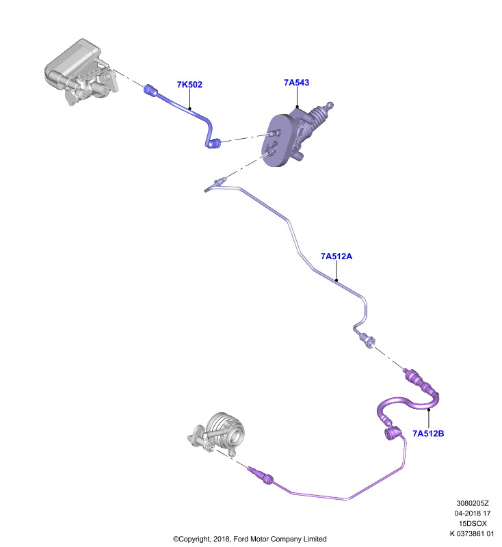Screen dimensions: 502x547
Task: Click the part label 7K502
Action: coord(189,84)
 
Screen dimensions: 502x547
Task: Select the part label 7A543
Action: coord(297,82)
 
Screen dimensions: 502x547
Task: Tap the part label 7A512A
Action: coord(336,256)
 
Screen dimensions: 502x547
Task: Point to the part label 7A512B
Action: coord(428,433)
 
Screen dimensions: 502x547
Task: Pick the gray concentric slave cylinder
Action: coord(218,434)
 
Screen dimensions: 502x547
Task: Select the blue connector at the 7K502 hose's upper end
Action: coord(150,90)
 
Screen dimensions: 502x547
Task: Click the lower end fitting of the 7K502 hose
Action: coord(213,143)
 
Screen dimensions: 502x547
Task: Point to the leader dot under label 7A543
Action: coord(298,107)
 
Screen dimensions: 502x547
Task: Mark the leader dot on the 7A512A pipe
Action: coord(336,280)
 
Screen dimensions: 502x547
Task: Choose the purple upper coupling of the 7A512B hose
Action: coord(418,380)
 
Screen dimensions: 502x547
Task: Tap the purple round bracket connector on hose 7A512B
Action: coord(392,433)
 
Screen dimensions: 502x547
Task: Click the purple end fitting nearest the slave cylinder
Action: coord(261,475)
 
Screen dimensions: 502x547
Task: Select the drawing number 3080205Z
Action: coord(473,503)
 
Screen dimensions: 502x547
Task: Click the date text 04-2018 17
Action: coord(473,513)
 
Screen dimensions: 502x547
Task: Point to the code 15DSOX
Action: coord(473,524)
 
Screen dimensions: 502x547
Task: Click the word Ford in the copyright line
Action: coord(241,539)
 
